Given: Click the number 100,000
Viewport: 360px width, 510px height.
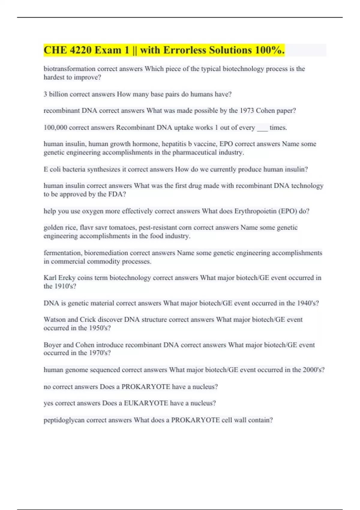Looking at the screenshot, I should [x=55, y=127].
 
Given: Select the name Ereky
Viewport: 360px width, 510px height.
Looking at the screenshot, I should [x=67, y=278].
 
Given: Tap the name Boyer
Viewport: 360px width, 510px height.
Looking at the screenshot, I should [x=52, y=345].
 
